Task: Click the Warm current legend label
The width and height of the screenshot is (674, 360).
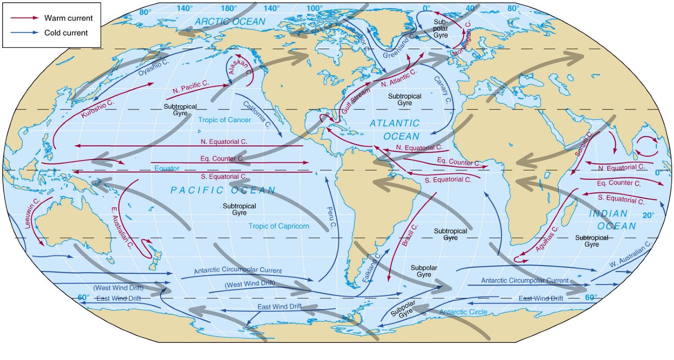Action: tap(68, 18)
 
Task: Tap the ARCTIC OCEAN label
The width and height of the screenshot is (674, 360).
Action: tap(230, 21)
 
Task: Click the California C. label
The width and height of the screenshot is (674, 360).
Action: tap(256, 115)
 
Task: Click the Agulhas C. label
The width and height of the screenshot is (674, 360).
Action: tap(547, 239)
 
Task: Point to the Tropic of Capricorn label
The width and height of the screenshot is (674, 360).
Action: tap(279, 226)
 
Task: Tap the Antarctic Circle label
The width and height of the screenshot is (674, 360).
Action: tap(463, 312)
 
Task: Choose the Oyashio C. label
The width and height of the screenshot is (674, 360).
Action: tap(153, 66)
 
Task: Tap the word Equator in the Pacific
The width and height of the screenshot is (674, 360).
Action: tap(167, 168)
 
